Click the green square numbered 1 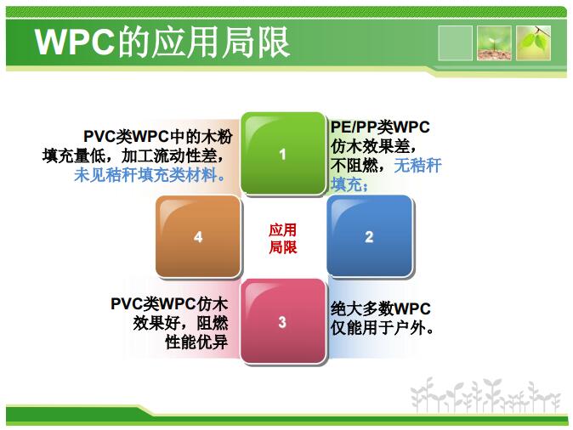coord(283,154)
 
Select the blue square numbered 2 coord(370,236)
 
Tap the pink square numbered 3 coord(283,321)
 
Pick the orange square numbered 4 coord(198,237)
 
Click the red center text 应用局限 coord(283,239)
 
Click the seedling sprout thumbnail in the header coord(494,43)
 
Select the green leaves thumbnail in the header coord(533,43)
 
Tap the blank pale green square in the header coord(455,43)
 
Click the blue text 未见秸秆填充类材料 coord(150,175)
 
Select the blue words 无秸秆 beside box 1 coord(417,165)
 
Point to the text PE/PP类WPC coord(380,127)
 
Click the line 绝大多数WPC coord(380,308)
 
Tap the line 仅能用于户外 coord(383,328)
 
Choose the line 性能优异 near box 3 coord(196,342)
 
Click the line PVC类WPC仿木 coord(169,304)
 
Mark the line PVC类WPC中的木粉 coord(158,137)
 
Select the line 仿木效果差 coord(373,146)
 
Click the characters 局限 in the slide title coord(257,42)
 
